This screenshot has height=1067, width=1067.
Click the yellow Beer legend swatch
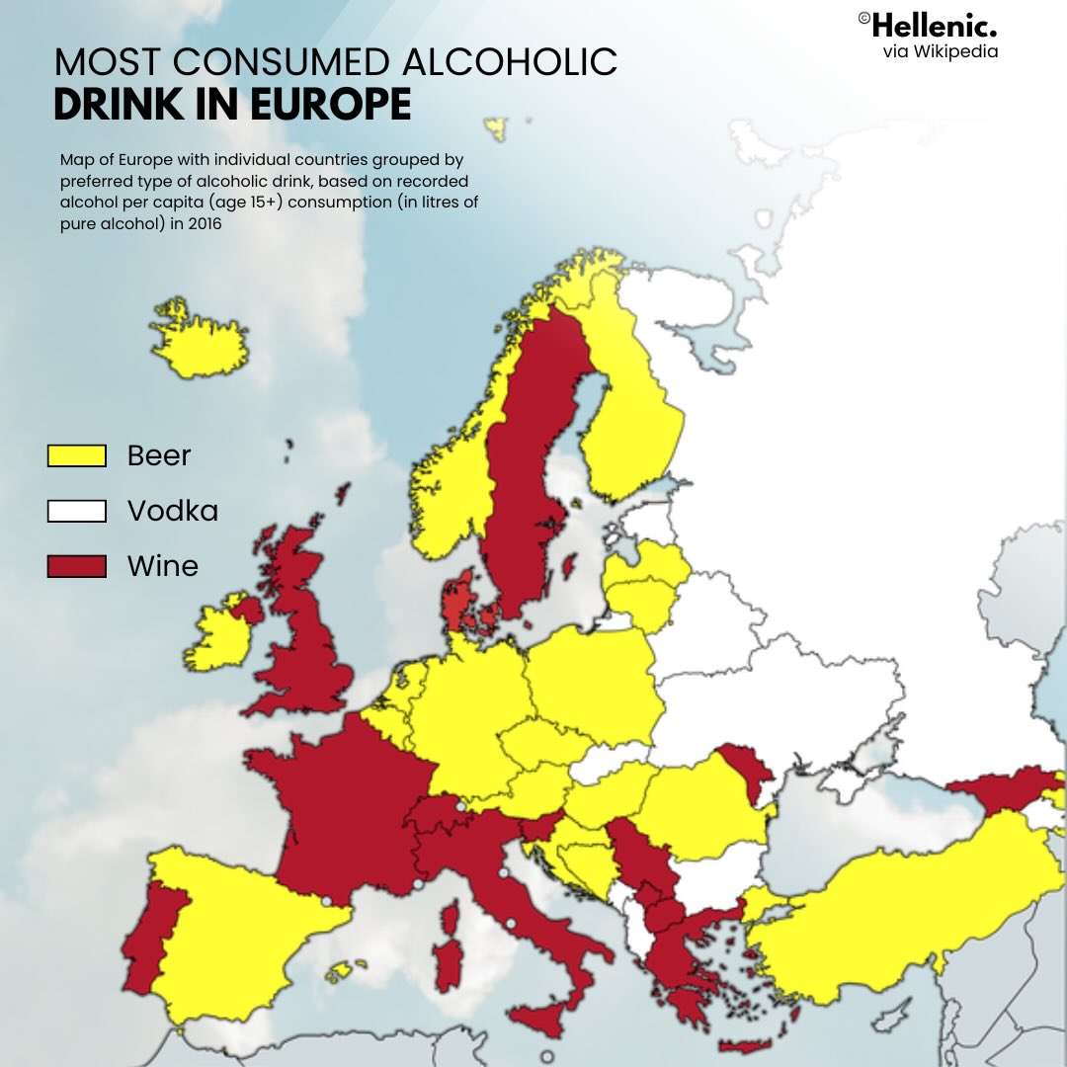coord(77,455)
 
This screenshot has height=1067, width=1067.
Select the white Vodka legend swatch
coord(77,511)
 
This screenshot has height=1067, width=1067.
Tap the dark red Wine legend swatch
coord(77,566)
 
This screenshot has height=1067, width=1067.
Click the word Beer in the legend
coord(159,455)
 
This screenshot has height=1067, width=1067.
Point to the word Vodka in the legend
coord(173,511)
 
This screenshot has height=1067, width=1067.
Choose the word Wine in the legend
coord(163,566)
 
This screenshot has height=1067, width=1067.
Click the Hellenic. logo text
coord(933,25)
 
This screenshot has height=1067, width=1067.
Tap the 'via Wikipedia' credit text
coord(940,51)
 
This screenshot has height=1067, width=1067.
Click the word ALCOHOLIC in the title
coord(510,62)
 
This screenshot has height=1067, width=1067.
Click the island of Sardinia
coord(448,954)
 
